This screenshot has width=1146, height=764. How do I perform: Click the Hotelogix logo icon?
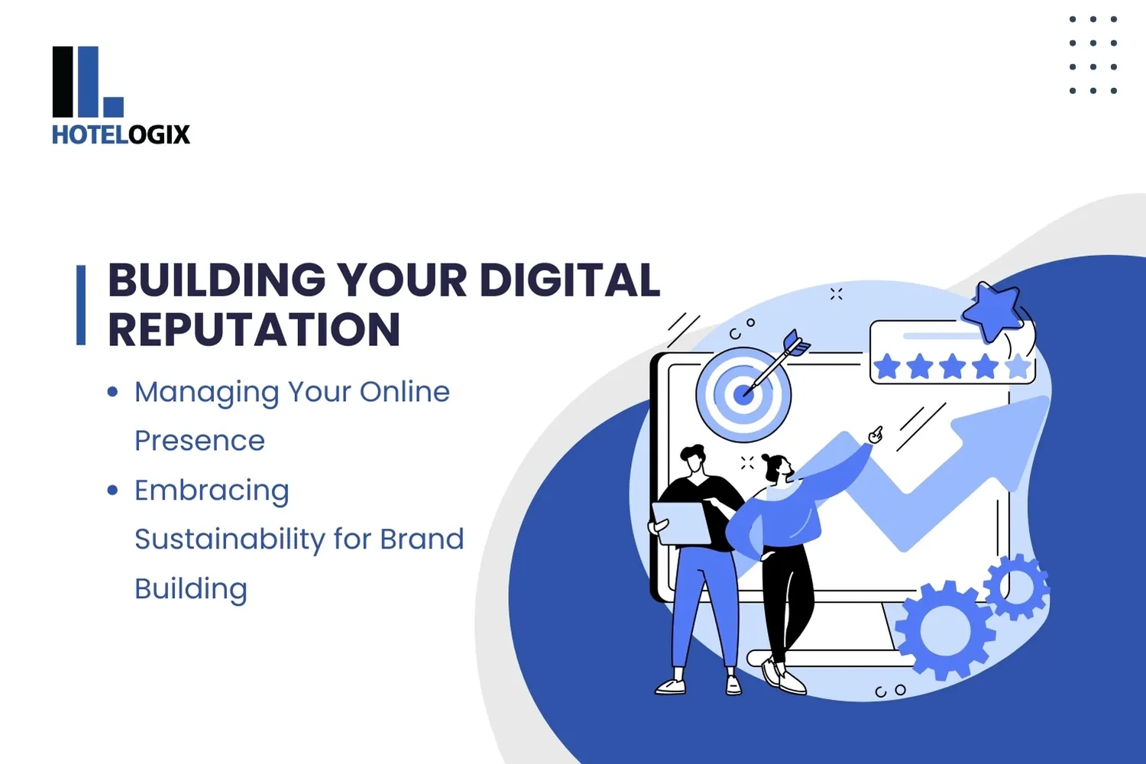(87, 82)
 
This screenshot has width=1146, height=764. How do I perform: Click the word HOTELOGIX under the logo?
(121, 134)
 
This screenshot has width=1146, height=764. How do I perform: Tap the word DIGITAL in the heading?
(569, 280)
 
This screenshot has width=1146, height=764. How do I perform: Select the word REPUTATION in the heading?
(254, 329)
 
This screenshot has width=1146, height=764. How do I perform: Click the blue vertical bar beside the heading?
(81, 305)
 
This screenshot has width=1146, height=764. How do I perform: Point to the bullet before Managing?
(113, 392)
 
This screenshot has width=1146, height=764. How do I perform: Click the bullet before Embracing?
(113, 490)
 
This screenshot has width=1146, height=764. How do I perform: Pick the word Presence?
(199, 441)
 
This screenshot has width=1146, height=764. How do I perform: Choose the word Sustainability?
(229, 539)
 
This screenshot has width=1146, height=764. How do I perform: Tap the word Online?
(404, 392)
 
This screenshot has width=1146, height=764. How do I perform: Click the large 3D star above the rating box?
(992, 309)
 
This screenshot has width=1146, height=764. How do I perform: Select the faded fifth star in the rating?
(1018, 367)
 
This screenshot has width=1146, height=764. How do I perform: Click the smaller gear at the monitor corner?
(1017, 587)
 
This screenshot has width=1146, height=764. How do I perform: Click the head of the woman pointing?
(776, 468)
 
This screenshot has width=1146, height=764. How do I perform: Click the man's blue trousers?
(703, 604)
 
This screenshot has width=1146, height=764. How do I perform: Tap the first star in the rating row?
(887, 367)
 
